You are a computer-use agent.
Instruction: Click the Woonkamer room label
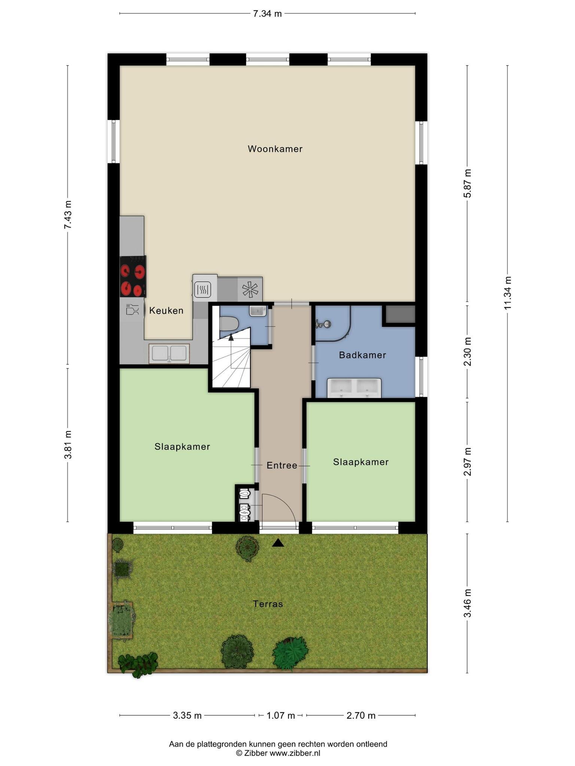point(275,149)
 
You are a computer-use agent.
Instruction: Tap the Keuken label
point(166,310)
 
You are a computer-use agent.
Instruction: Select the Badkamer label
point(362,355)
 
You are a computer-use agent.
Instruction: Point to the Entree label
point(282,465)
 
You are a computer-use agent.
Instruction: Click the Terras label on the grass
point(268,604)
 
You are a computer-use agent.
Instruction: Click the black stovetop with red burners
point(133,276)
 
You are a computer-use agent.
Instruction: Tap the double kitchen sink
point(169,353)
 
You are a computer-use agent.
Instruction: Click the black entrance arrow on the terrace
point(278,543)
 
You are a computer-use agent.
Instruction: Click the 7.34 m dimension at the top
point(267,14)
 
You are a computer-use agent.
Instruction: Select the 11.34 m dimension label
point(508,293)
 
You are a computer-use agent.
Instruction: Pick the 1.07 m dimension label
point(281,716)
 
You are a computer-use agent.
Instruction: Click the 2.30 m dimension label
point(467,352)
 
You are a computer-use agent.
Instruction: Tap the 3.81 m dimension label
point(68,445)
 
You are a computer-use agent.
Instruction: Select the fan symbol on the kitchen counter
point(250,289)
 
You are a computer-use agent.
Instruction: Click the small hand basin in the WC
point(258,311)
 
